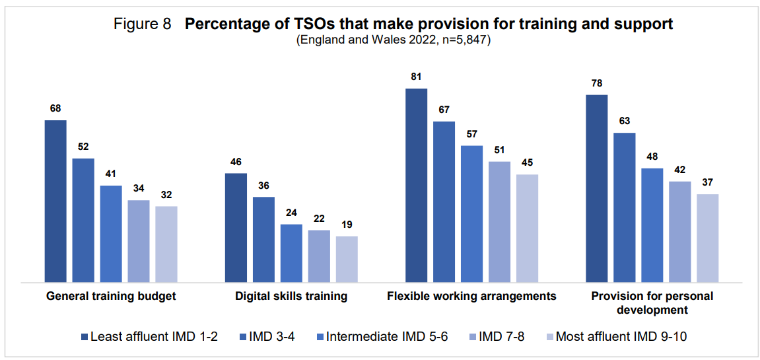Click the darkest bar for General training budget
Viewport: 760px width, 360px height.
tap(55, 201)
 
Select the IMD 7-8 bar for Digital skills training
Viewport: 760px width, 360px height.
tap(319, 256)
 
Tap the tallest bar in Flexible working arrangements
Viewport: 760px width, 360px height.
tap(417, 186)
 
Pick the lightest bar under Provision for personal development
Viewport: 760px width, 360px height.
tap(708, 238)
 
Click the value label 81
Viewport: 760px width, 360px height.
tap(417, 77)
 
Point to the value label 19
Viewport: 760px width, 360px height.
tap(347, 225)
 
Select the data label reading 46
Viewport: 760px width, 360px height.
tap(236, 162)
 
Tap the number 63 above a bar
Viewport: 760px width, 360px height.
tap(624, 121)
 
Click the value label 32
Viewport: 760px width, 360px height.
tap(166, 195)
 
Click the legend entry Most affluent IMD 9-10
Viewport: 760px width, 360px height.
tap(618, 336)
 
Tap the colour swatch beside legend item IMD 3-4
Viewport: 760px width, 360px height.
tap(244, 336)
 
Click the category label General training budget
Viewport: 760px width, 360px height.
tap(110, 297)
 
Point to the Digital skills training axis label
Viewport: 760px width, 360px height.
tap(291, 297)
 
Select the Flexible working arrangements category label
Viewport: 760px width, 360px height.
tap(471, 297)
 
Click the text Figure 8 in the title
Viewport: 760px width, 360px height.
tap(143, 24)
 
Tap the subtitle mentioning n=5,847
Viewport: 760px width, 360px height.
tap(394, 41)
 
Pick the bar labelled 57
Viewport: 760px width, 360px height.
tap(471, 214)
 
